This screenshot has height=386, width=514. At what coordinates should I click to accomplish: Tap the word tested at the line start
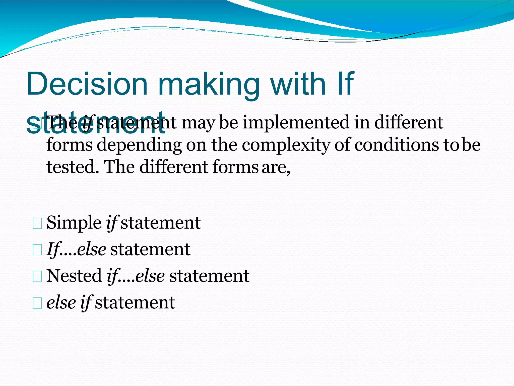[x=73, y=167]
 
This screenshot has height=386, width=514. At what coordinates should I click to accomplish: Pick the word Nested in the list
[x=74, y=276]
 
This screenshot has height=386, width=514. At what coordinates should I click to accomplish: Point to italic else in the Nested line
[x=150, y=276]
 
